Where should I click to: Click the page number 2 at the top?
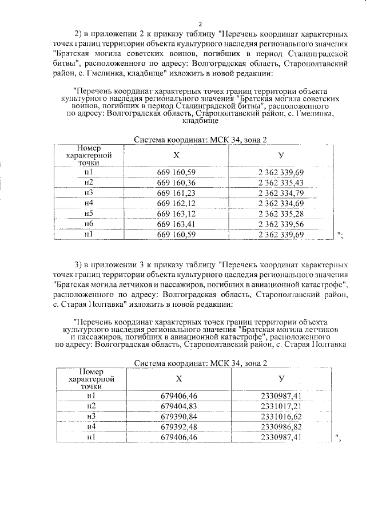[201, 23]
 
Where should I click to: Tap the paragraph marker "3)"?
[80, 264]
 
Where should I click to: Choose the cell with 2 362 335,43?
[281, 183]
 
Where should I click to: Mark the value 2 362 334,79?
[281, 193]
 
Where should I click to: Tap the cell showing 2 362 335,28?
[281, 213]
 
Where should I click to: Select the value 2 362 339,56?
[281, 224]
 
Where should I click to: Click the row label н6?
[89, 224]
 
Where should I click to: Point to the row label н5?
[89, 213]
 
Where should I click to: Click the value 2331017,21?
[281, 406]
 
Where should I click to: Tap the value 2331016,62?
[281, 416]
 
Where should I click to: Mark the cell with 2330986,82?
[281, 426]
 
